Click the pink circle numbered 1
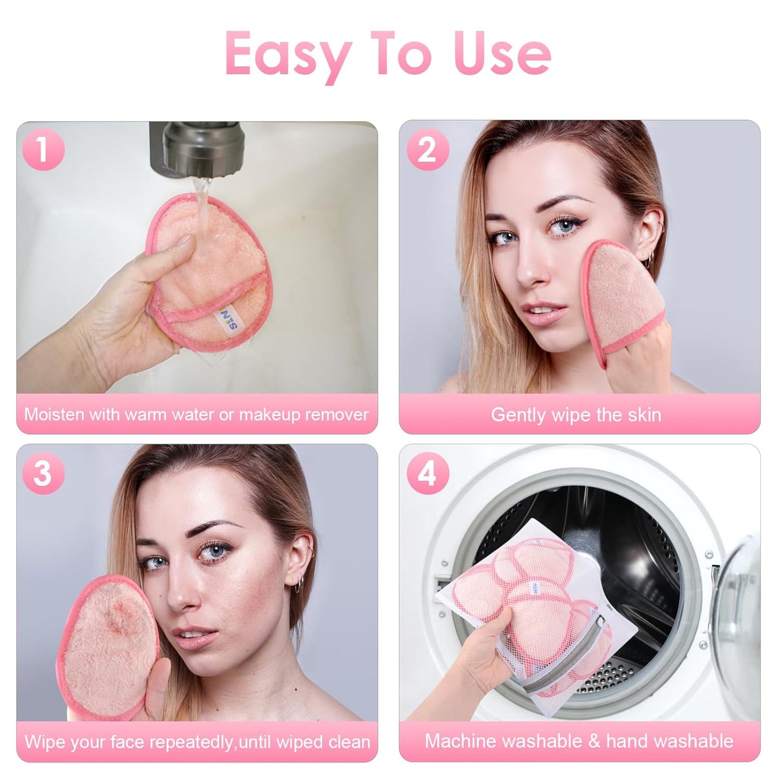(x=43, y=149)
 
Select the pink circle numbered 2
(x=427, y=149)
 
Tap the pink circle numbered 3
(x=43, y=474)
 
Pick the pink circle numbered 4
(x=427, y=474)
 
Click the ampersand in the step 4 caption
(x=594, y=741)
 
